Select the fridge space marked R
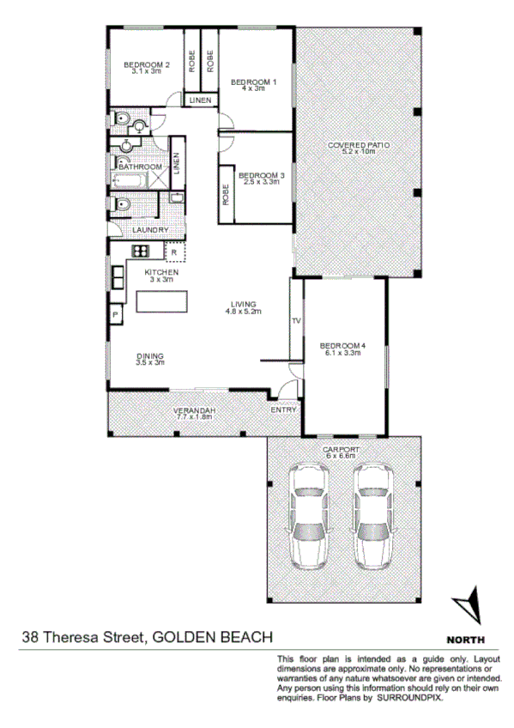coord(173,252)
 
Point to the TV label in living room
coord(297,321)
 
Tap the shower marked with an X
coord(158,179)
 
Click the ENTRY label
coord(284,410)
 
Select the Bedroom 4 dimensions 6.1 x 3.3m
coord(344,352)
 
